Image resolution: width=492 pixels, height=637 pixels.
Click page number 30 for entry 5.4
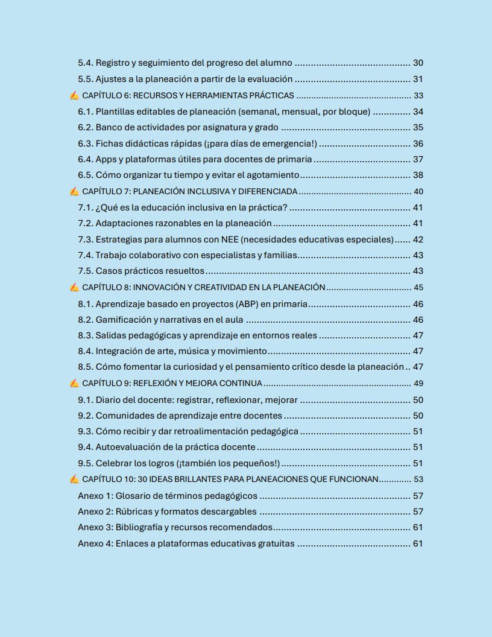pos(418,63)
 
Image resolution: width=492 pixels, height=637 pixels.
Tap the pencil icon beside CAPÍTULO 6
pos(74,95)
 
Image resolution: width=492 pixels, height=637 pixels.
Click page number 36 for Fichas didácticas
pos(418,144)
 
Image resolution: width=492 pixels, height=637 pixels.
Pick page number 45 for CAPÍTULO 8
pos(418,287)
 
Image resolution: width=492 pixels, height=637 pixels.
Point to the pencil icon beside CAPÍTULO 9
pos(74,383)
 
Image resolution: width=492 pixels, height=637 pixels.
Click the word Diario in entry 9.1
pos(109,399)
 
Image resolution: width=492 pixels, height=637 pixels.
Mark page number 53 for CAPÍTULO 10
pos(418,479)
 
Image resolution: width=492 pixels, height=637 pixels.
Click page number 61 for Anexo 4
pos(418,544)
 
